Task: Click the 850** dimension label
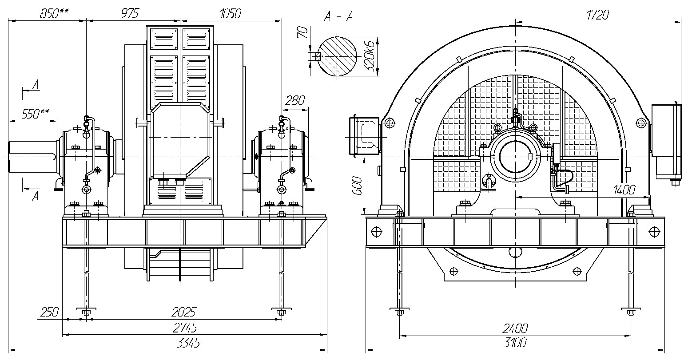click(54, 14)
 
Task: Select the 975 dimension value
click(130, 14)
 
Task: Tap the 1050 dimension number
click(231, 14)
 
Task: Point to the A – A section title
click(338, 16)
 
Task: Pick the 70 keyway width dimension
click(303, 32)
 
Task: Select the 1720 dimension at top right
click(597, 15)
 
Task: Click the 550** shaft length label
click(36, 114)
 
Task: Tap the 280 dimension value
click(295, 100)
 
